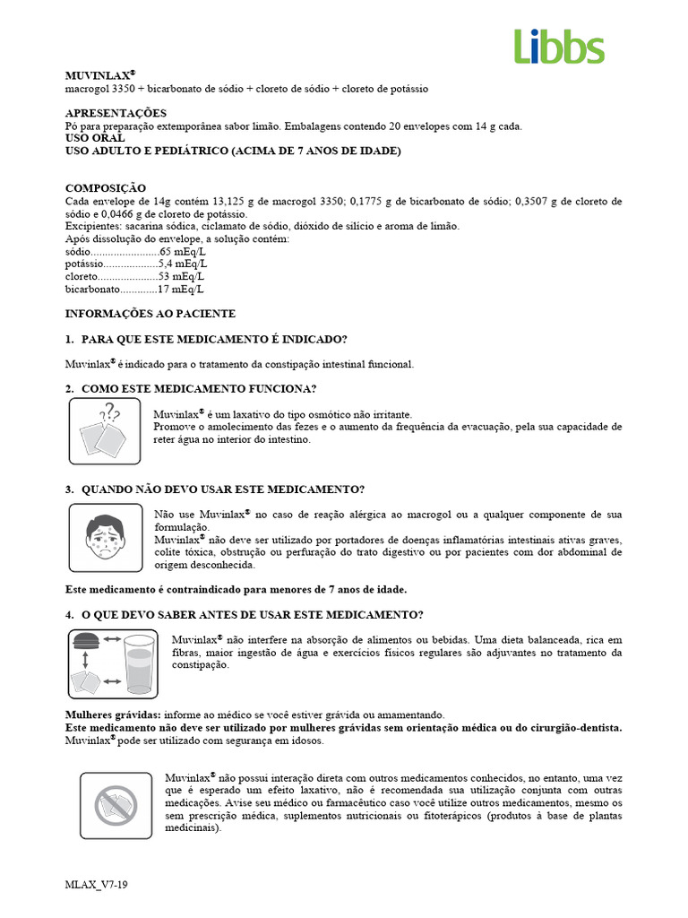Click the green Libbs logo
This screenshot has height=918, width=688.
(x=559, y=46)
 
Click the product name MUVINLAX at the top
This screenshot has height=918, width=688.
(x=99, y=76)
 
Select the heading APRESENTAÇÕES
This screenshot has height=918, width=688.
(x=116, y=113)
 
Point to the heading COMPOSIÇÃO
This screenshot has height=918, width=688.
(x=106, y=188)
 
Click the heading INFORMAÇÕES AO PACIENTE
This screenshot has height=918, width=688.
(x=150, y=314)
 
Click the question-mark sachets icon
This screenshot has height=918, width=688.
(x=105, y=431)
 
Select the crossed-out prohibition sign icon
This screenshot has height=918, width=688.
(x=116, y=805)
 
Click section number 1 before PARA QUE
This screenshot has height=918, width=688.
(x=69, y=339)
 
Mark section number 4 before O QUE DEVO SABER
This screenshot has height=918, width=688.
(x=69, y=614)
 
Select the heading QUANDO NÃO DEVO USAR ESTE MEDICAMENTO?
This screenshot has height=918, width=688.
(x=223, y=489)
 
